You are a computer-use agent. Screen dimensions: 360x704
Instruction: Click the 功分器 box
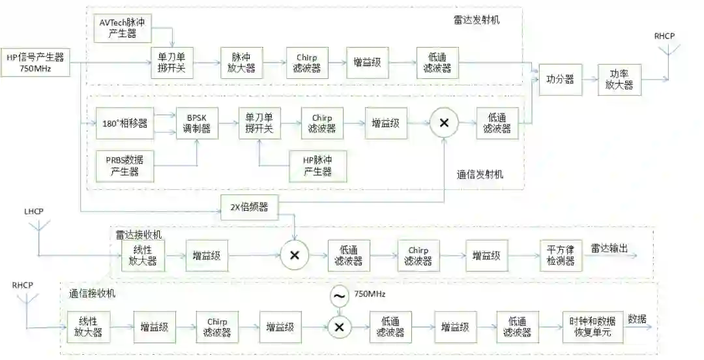coord(560,80)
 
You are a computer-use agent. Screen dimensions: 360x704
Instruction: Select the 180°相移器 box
coord(125,123)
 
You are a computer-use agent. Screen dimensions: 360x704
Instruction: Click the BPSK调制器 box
coord(197,123)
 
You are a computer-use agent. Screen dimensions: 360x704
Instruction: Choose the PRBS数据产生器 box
coord(126,166)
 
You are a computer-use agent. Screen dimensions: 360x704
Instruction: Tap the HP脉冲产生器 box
coord(317,166)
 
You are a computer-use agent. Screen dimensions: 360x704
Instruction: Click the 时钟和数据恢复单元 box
coord(592,327)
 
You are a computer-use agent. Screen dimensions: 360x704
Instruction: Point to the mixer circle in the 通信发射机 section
coord(445,123)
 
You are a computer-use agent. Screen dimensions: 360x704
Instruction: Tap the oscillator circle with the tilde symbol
coord(339,296)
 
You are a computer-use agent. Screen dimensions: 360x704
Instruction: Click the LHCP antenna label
coord(35,213)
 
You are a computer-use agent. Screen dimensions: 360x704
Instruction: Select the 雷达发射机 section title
coord(477,20)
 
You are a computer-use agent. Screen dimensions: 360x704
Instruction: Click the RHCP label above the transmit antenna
coord(665,37)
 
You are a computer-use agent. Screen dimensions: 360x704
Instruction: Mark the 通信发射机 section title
coord(480,175)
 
